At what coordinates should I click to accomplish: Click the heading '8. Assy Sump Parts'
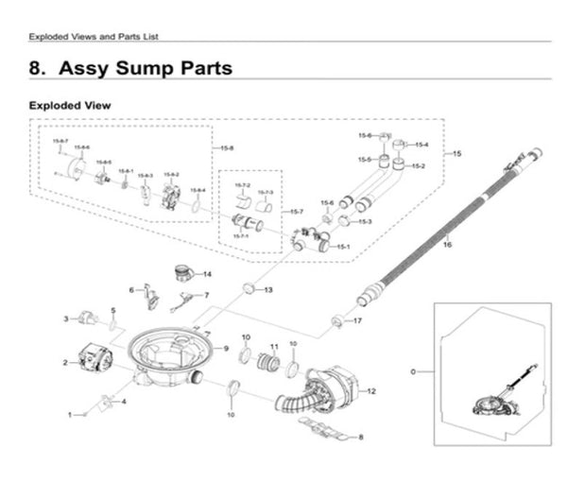pyautogui.click(x=130, y=69)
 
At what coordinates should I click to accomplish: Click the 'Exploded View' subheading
pyautogui.click(x=70, y=105)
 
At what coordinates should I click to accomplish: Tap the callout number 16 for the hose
pyautogui.click(x=447, y=245)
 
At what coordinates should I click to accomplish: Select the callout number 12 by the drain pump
pyautogui.click(x=371, y=390)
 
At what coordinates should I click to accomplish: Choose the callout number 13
pyautogui.click(x=268, y=289)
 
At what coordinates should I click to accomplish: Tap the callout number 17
pyautogui.click(x=358, y=321)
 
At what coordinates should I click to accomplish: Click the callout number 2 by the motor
pyautogui.click(x=65, y=362)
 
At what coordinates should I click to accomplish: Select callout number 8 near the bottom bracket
pyautogui.click(x=360, y=437)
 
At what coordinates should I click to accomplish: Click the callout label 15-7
pyautogui.click(x=297, y=211)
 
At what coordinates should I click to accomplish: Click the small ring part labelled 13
pyautogui.click(x=249, y=287)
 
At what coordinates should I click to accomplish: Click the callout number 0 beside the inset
pyautogui.click(x=414, y=372)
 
